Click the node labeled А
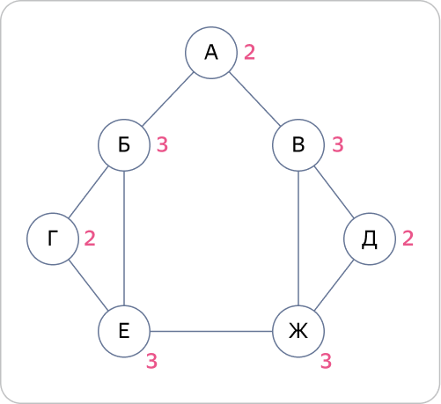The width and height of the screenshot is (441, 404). (x=211, y=53)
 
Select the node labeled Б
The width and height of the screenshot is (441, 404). (x=124, y=145)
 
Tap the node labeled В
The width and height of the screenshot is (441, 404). (x=298, y=145)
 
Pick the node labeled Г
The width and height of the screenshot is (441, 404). (x=53, y=239)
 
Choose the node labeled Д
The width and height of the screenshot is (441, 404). (x=370, y=239)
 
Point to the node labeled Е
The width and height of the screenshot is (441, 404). (x=124, y=331)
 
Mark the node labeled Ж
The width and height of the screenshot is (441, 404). (x=298, y=331)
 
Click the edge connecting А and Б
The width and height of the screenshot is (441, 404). (x=167, y=99)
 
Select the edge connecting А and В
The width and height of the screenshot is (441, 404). (x=254, y=99)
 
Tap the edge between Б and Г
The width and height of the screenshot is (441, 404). (x=88, y=192)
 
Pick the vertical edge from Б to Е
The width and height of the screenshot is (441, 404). (x=124, y=238)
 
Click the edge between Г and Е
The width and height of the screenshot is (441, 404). (x=88, y=285)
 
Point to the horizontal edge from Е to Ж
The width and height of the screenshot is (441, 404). (x=211, y=331)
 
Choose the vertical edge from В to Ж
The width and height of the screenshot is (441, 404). (x=298, y=238)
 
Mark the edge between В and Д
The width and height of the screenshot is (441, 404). (x=334, y=192)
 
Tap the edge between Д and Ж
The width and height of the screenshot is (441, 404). (x=334, y=285)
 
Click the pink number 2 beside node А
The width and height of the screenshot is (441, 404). (x=249, y=52)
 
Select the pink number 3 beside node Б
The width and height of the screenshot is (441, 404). (x=162, y=144)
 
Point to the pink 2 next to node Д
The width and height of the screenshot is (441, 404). (x=408, y=238)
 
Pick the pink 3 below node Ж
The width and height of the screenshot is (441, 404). (x=326, y=361)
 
